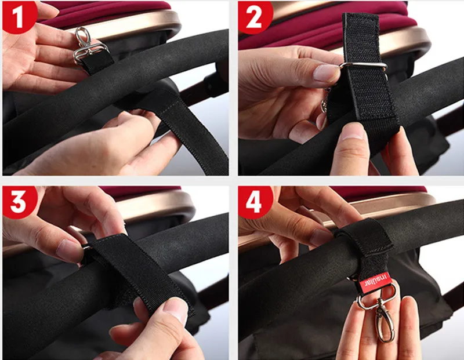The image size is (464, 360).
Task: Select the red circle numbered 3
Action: click(19, 202)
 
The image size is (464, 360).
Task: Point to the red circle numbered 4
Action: click(255, 202)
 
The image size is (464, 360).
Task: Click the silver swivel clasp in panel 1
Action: click(88, 48)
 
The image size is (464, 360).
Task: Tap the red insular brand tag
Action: click(376, 282)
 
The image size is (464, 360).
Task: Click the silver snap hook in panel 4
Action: click(384, 319)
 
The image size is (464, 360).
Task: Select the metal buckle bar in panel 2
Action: click(364, 66)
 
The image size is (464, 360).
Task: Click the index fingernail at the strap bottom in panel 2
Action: click(352, 132)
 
